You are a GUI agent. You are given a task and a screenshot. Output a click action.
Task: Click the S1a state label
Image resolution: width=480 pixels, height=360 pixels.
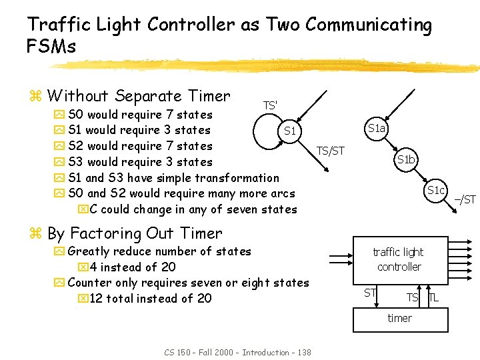[377, 128]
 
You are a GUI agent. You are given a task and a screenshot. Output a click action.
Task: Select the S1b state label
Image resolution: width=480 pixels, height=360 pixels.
[406, 159]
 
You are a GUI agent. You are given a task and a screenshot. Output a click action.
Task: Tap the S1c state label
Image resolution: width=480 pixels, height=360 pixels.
[436, 190]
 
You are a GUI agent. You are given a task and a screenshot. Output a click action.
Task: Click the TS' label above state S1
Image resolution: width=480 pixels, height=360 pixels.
[270, 105]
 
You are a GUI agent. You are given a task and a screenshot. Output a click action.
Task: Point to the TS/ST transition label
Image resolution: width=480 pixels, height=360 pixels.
[330, 151]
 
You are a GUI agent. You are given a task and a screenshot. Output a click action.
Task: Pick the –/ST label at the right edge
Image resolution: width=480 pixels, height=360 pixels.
[465, 199]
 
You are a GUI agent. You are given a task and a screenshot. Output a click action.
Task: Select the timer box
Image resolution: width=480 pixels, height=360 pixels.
[399, 318]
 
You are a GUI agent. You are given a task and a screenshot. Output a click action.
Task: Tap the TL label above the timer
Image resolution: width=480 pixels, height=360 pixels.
[433, 297]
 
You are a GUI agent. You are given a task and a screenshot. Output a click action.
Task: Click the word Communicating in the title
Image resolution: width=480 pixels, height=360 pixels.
[348, 25]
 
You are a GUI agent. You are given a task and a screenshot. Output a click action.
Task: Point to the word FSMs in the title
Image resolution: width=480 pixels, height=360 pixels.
[51, 47]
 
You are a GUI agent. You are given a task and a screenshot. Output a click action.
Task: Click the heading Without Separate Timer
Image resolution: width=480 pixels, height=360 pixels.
[139, 96]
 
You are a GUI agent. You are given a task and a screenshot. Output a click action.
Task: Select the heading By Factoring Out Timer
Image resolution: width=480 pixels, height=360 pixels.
[135, 233]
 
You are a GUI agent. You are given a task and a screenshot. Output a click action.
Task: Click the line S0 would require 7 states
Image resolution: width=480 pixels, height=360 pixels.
[140, 115]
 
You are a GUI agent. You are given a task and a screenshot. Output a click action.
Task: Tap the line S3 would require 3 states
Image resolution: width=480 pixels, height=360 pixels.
[140, 162]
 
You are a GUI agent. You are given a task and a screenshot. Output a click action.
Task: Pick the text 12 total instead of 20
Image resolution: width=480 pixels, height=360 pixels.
[150, 298]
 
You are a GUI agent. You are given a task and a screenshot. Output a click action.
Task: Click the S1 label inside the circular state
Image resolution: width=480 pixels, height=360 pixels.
[289, 131]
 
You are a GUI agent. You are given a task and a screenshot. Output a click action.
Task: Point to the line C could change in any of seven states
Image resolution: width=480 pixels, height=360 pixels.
[193, 209]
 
